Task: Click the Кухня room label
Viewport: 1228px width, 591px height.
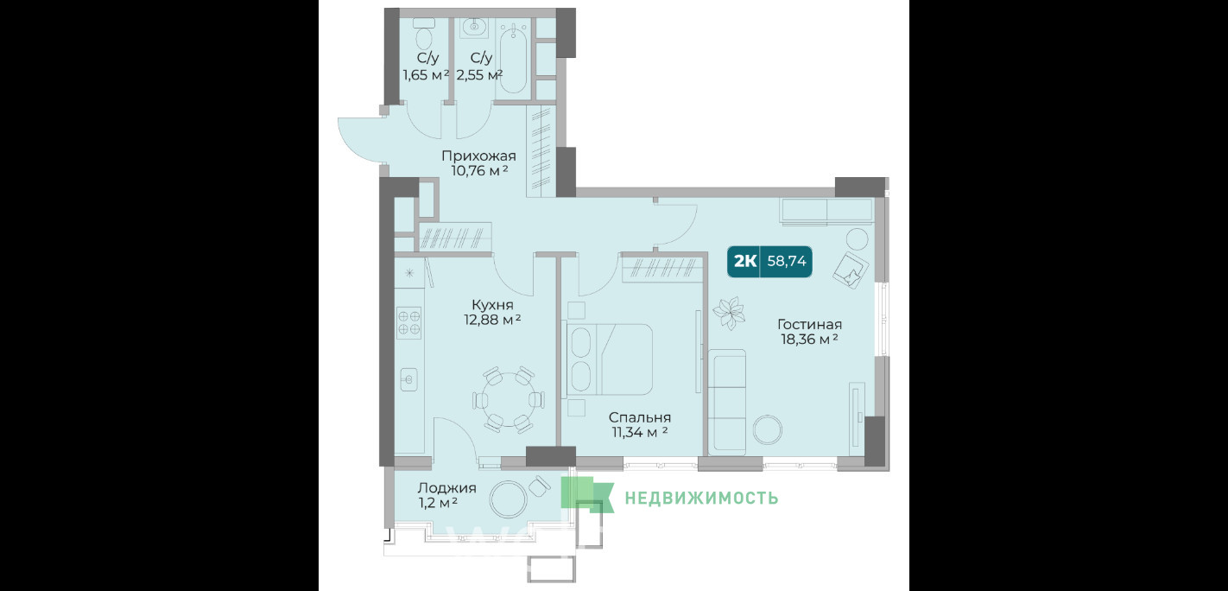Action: [492, 305]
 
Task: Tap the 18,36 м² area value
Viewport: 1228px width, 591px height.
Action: [809, 340]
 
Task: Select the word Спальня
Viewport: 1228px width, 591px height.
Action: [639, 417]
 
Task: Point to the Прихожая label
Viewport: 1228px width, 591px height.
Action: [478, 156]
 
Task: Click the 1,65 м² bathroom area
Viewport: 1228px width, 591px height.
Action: [426, 75]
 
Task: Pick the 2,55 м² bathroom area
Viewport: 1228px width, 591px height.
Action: [479, 75]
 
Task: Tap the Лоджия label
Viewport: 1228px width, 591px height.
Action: [446, 488]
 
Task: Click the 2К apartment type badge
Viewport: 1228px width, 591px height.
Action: [744, 261]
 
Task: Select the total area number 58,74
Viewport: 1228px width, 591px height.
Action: [787, 261]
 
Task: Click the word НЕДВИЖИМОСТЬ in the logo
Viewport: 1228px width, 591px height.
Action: [701, 498]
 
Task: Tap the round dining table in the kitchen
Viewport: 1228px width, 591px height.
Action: [509, 399]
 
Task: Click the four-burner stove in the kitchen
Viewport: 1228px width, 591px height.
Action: [409, 322]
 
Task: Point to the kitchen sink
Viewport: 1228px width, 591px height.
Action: [409, 379]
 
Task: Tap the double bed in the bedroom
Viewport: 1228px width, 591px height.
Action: [610, 359]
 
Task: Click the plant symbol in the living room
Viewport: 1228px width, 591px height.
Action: [729, 314]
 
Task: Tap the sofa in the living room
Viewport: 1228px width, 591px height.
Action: [727, 403]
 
